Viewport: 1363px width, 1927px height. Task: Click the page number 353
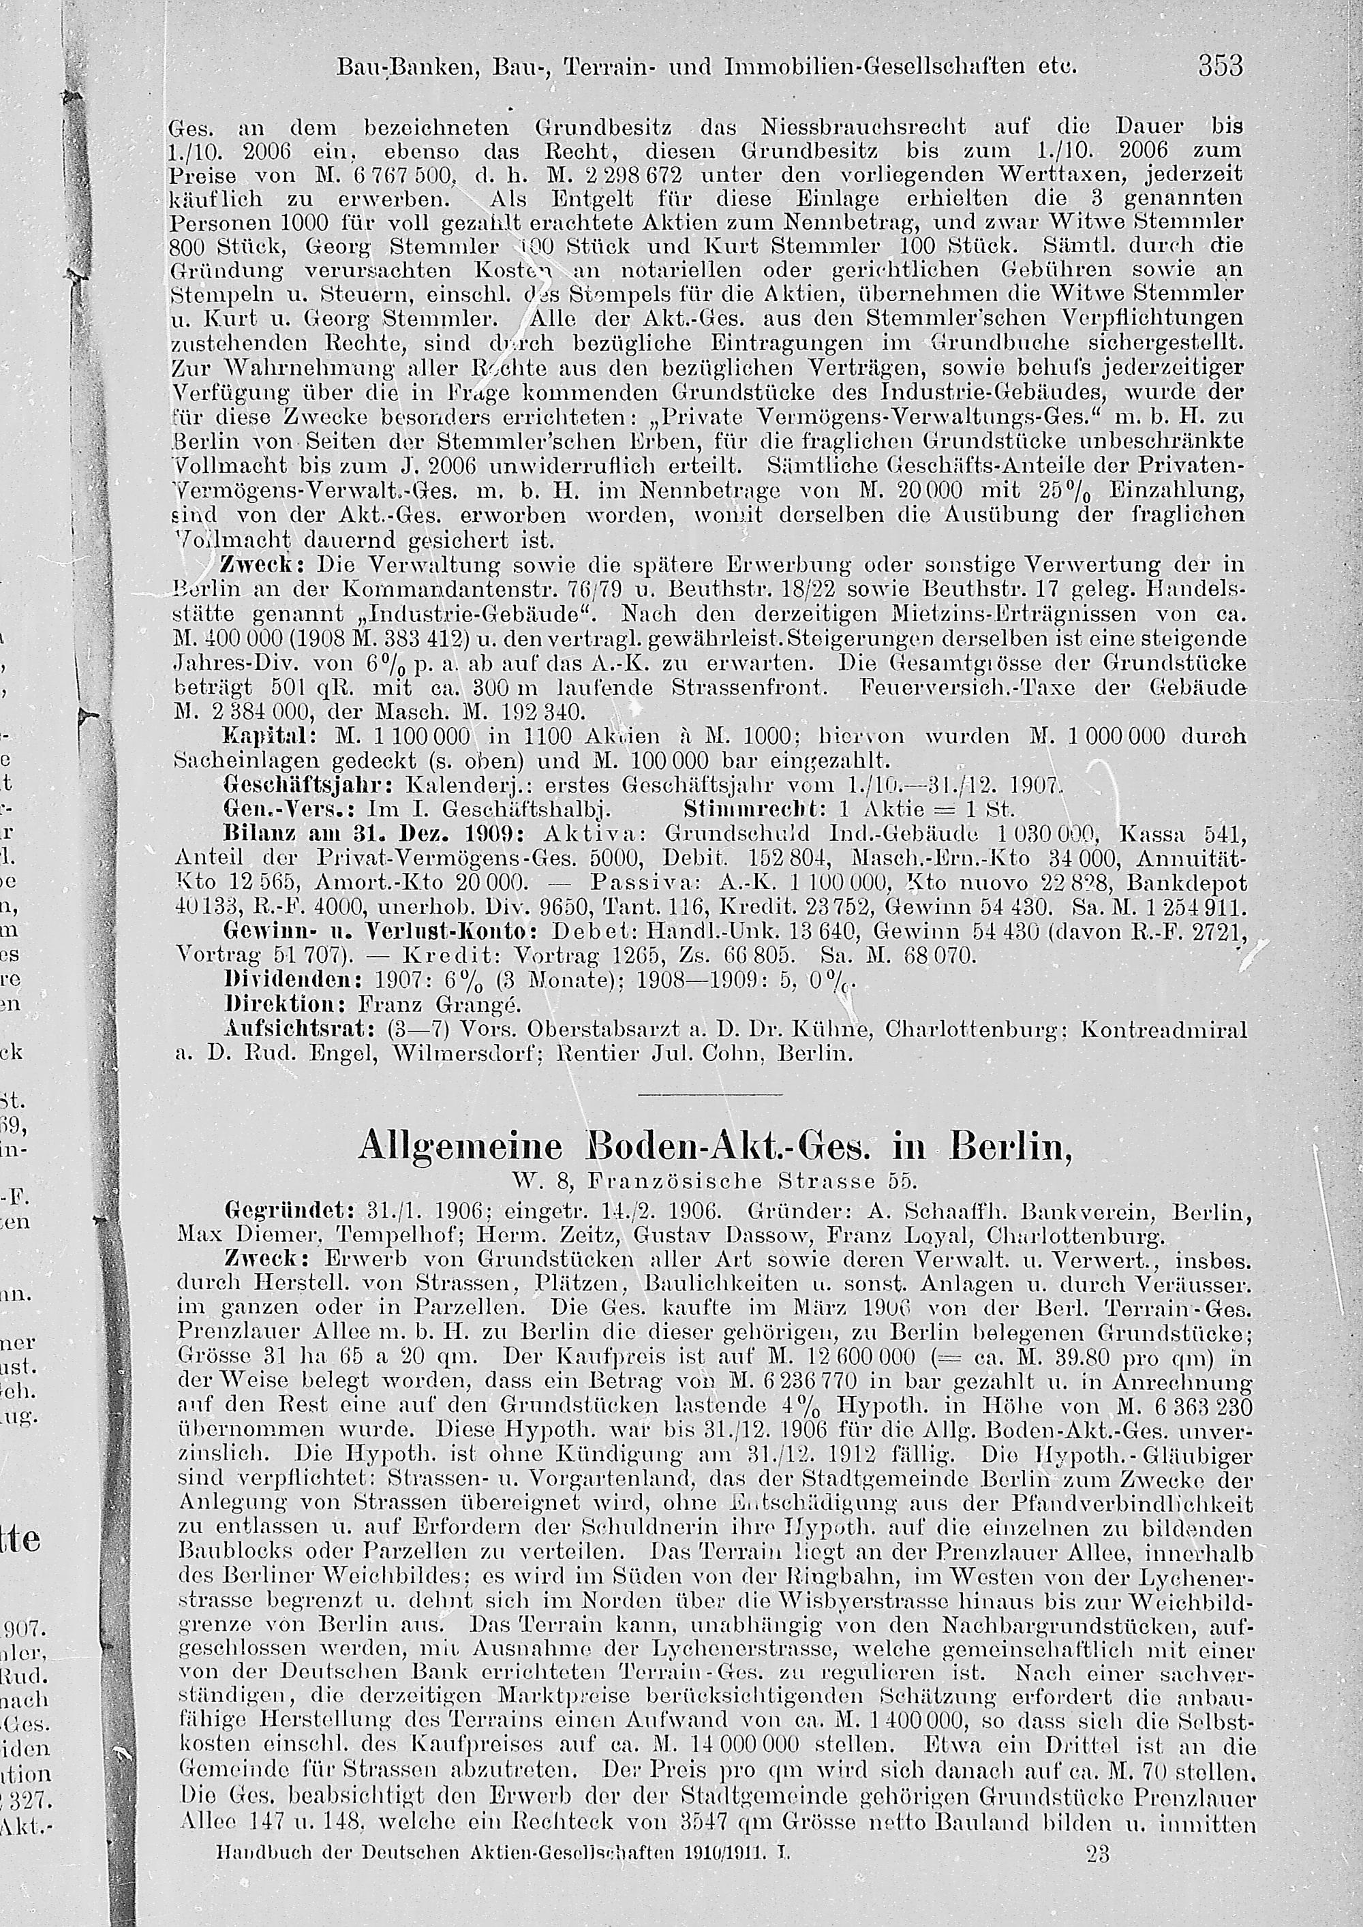point(1221,65)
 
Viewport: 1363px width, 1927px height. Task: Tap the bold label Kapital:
point(269,736)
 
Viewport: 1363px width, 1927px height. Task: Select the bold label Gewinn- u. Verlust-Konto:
point(380,931)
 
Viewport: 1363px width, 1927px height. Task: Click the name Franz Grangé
point(439,1004)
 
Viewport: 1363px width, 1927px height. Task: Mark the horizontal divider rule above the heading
point(710,1094)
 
